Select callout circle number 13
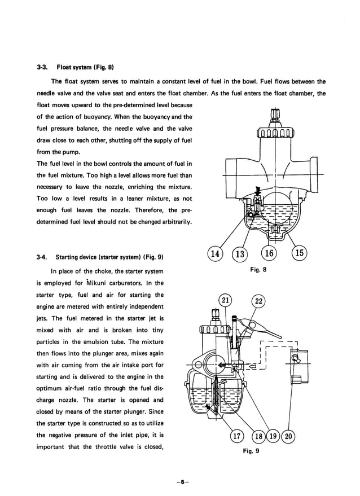pos(240,253)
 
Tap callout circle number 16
pos(270,253)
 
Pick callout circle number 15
pos(300,253)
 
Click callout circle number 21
pos(225,300)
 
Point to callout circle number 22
pos(258,301)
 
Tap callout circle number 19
pos(274,436)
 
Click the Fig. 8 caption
pos(258,270)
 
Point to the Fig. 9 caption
pos(251,451)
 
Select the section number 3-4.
pos(41,257)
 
